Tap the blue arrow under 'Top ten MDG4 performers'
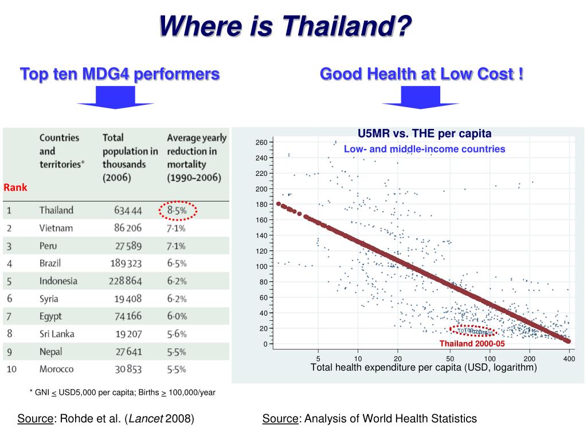[x=115, y=97]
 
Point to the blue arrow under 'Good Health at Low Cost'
[x=421, y=97]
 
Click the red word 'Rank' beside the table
[x=15, y=187]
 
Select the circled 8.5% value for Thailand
[x=178, y=210]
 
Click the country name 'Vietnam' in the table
[x=56, y=228]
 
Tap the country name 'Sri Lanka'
[x=57, y=333]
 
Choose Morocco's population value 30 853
[x=128, y=370]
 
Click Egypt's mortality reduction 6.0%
[x=177, y=316]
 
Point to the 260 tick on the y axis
[x=261, y=142]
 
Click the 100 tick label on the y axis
[x=261, y=266]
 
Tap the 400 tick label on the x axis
[x=569, y=359]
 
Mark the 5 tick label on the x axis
[x=318, y=359]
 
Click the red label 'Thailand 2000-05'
[x=472, y=344]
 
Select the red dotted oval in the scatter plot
[x=473, y=331]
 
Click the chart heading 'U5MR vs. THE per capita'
[x=425, y=134]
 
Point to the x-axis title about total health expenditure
[x=424, y=368]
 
